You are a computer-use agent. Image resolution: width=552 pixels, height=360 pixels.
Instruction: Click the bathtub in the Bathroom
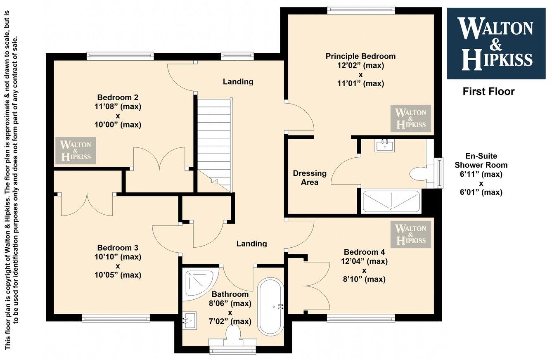270,306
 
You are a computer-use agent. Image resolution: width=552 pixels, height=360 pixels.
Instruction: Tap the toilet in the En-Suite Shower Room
419,174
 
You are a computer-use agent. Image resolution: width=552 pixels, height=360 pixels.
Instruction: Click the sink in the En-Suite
385,145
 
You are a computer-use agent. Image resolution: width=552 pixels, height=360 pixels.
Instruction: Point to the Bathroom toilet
233,334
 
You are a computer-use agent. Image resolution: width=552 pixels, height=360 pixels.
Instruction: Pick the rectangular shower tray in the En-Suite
391,201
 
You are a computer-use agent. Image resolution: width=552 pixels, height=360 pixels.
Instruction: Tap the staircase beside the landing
214,140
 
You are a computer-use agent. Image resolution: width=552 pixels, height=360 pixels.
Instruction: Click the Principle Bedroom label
360,56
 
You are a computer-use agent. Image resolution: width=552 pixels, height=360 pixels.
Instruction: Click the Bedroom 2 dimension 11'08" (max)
118,107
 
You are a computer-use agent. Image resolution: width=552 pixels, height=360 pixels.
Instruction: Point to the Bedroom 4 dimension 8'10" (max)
364,279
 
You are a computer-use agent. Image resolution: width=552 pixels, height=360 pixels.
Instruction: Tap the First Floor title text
488,91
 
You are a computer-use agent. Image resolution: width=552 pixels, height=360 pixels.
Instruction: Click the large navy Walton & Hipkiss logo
496,43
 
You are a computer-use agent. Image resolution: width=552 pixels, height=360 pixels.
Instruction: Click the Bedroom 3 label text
118,248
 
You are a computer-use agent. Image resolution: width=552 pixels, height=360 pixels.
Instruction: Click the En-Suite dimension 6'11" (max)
481,174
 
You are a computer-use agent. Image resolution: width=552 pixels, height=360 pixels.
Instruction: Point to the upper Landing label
238,82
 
